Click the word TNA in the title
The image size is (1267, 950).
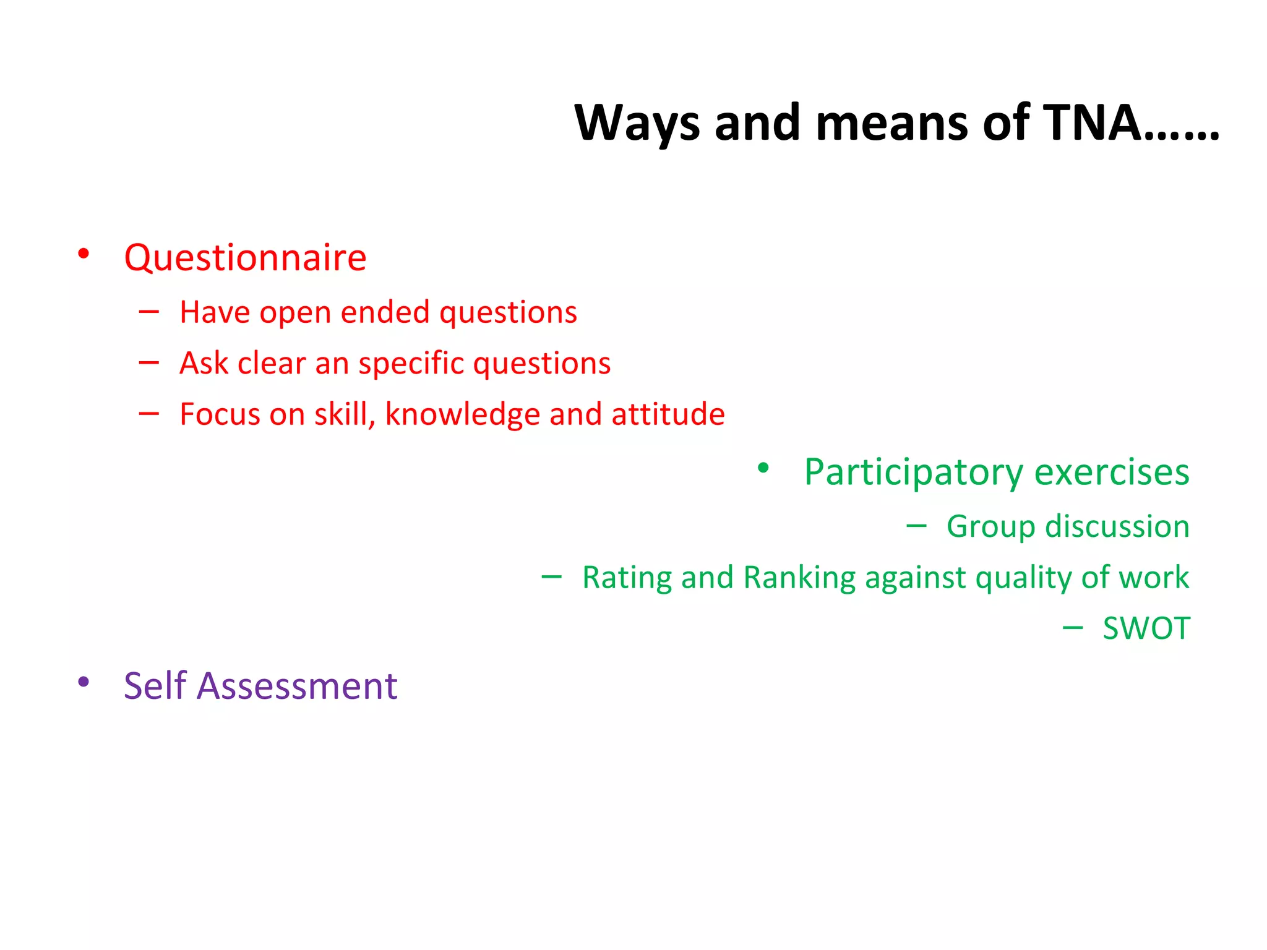pyautogui.click(x=1091, y=122)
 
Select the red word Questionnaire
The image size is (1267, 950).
pyautogui.click(x=245, y=257)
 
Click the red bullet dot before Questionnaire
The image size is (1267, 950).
pyautogui.click(x=84, y=254)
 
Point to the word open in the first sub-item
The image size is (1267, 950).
pyautogui.click(x=295, y=313)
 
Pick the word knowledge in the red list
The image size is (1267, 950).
pyautogui.click(x=462, y=414)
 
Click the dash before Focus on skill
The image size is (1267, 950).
pyautogui.click(x=149, y=413)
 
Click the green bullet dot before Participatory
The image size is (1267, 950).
pyautogui.click(x=763, y=468)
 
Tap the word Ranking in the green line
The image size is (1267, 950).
pyautogui.click(x=798, y=578)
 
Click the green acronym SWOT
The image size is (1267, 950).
pyautogui.click(x=1146, y=628)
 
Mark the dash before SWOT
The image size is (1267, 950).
pyautogui.click(x=1073, y=628)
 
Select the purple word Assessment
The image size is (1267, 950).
pyautogui.click(x=296, y=686)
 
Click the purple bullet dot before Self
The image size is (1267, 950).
pyautogui.click(x=84, y=682)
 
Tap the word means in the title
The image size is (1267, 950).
pyautogui.click(x=891, y=122)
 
